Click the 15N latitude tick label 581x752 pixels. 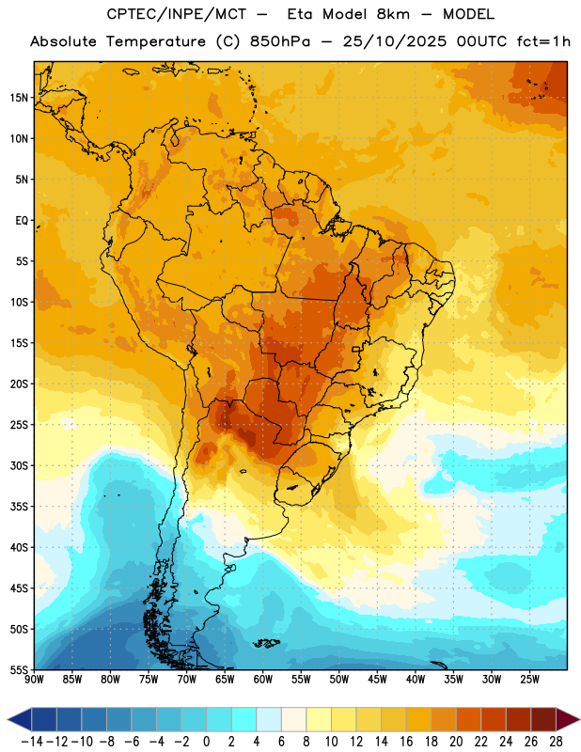click(x=19, y=98)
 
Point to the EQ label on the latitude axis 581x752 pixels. click(x=22, y=221)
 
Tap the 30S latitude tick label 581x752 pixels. click(x=19, y=465)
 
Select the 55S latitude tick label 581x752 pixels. click(x=19, y=669)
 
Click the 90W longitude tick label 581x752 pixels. click(x=34, y=680)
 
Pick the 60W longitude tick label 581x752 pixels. click(x=263, y=680)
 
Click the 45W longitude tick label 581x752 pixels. click(x=377, y=680)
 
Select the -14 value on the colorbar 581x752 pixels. click(x=32, y=742)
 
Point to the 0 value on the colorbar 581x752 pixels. click(x=206, y=742)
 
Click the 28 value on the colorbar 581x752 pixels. click(x=556, y=742)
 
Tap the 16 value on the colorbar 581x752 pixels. click(x=406, y=742)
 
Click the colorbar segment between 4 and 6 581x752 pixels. click(x=269, y=720)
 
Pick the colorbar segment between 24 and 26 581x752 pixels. click(x=519, y=720)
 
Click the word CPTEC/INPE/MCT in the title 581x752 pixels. click(x=177, y=14)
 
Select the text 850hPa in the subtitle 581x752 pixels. click(x=280, y=41)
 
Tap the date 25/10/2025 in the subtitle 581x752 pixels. click(x=394, y=41)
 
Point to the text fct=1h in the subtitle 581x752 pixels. click(x=543, y=41)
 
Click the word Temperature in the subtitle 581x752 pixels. click(x=155, y=42)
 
